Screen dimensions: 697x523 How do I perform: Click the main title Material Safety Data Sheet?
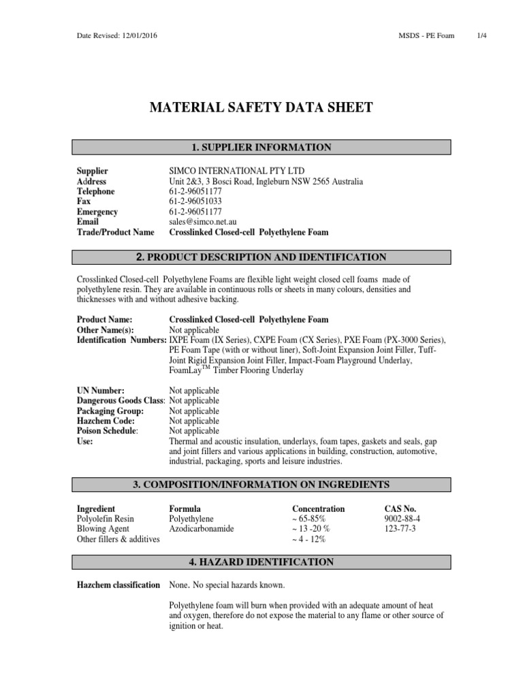[261, 107]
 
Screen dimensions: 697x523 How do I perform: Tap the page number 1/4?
[482, 35]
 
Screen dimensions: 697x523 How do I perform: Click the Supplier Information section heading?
[262, 147]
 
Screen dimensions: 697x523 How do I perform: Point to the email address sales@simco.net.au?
[204, 222]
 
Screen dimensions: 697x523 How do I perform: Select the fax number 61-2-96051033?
[196, 201]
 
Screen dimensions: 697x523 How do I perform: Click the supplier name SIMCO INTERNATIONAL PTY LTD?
[237, 171]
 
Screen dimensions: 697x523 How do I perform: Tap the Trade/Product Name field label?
[115, 232]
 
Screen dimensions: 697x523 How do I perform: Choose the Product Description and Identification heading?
[262, 257]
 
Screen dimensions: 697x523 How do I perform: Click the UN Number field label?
[100, 391]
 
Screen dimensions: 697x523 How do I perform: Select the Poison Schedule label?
[108, 432]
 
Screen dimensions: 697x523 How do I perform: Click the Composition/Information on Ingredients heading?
[262, 485]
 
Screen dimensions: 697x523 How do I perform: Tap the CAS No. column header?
[400, 508]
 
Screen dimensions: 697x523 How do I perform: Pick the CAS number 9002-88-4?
[402, 519]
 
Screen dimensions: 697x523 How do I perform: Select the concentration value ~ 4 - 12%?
[308, 539]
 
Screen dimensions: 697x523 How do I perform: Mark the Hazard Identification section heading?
[262, 562]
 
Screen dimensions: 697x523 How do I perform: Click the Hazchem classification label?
[118, 585]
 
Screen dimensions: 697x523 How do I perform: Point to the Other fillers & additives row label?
[118, 539]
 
